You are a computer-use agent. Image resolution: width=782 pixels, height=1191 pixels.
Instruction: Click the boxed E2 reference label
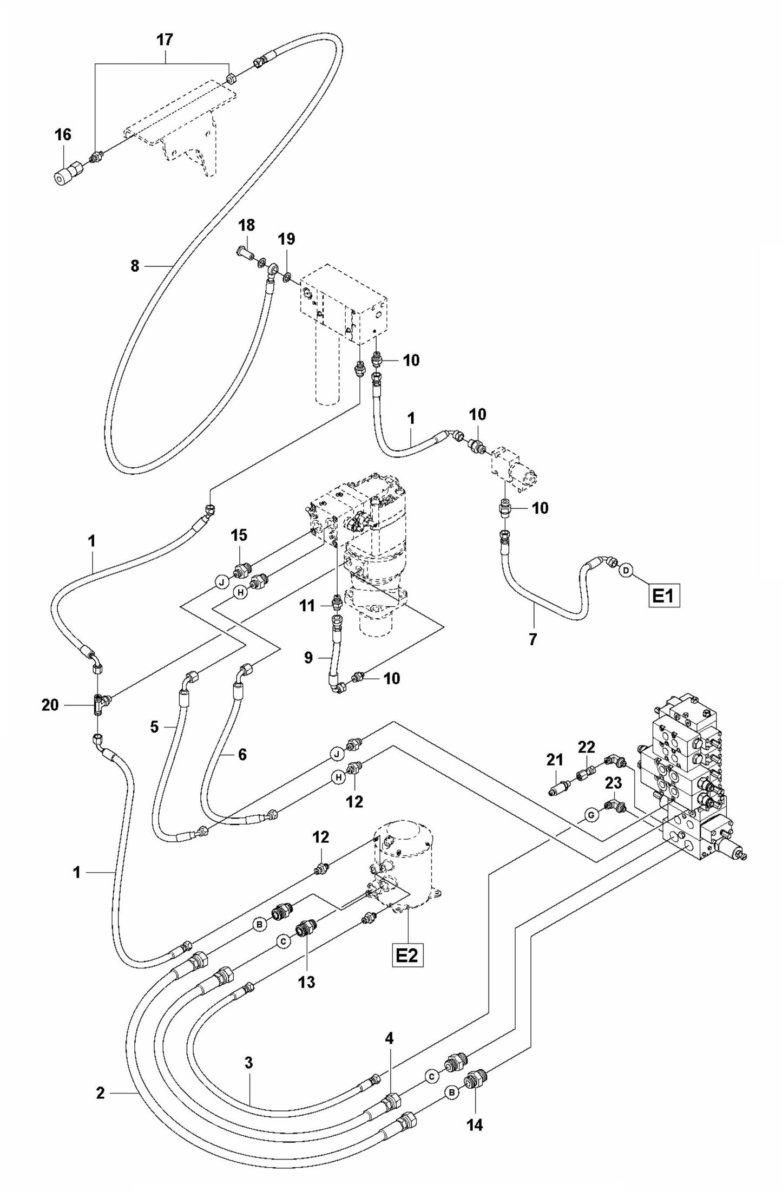tap(408, 956)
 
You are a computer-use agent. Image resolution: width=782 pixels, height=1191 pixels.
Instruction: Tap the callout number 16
tap(63, 135)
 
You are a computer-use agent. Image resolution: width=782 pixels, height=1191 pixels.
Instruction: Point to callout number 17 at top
tap(165, 40)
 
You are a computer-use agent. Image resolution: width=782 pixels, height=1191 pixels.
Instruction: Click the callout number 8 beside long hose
tap(135, 266)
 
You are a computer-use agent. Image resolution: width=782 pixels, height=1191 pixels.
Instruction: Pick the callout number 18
tap(246, 225)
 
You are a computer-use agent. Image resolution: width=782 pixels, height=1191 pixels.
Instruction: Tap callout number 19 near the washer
tap(286, 239)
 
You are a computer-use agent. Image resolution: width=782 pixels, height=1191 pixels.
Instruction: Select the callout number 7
tap(533, 639)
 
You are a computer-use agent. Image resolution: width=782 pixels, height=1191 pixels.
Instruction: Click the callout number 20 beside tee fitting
tap(50, 705)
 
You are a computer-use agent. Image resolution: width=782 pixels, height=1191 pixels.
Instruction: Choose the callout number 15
tap(239, 535)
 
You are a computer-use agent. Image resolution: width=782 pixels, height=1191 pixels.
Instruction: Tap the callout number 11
tap(307, 605)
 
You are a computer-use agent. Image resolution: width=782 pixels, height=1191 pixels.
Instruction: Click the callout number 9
tap(308, 658)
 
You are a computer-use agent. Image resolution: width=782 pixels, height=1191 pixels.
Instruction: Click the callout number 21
tap(555, 761)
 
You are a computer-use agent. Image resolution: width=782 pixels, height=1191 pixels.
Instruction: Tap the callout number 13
tap(306, 982)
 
